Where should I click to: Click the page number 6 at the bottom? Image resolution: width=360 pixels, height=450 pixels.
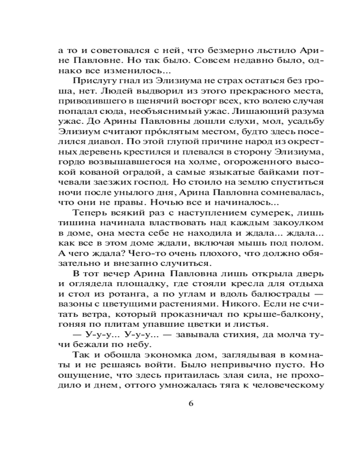click(x=190, y=403)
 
